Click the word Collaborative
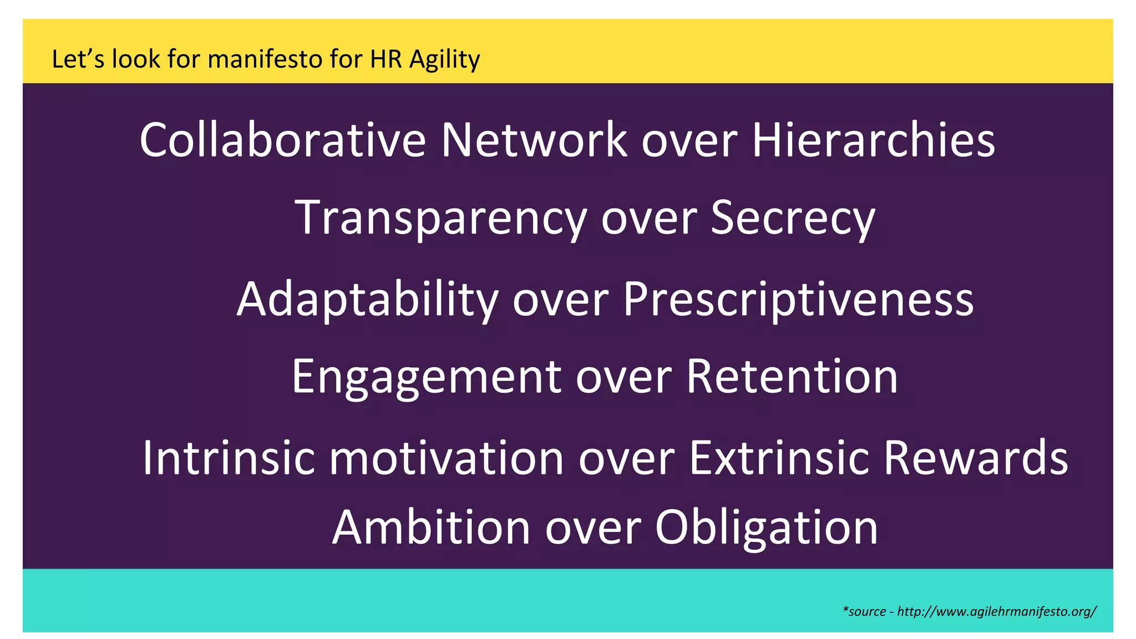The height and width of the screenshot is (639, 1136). click(x=282, y=140)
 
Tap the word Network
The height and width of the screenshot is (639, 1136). click(x=534, y=140)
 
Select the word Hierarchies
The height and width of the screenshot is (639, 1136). click(x=873, y=140)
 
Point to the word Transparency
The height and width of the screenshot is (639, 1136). click(x=440, y=219)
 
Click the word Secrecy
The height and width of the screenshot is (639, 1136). click(x=793, y=219)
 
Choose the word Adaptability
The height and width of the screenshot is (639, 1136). click(x=367, y=299)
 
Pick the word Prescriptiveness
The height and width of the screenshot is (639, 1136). click(x=798, y=299)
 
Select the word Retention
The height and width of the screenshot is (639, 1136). click(x=792, y=377)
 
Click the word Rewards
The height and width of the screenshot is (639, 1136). click(x=976, y=458)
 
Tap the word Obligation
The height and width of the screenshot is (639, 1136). click(x=767, y=528)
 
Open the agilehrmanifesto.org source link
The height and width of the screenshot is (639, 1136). click(x=996, y=611)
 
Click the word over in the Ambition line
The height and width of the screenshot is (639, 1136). click(x=593, y=528)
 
